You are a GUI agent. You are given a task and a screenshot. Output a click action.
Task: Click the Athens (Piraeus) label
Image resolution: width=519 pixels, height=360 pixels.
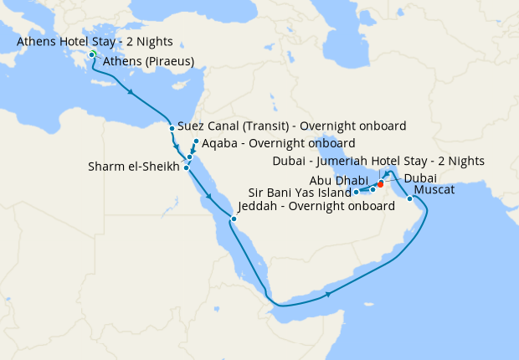(148, 61)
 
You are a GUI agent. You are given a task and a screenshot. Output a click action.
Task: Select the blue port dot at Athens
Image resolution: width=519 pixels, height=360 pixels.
(92, 56)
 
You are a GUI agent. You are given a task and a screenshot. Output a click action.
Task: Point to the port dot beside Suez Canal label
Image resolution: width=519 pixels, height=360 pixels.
(172, 128)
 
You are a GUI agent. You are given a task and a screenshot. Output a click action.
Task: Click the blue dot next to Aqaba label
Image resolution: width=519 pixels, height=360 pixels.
(196, 141)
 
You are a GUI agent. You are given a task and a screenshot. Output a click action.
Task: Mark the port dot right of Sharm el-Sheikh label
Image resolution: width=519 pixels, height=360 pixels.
(186, 167)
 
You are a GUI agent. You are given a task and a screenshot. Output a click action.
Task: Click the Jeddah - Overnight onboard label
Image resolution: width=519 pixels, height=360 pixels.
(316, 206)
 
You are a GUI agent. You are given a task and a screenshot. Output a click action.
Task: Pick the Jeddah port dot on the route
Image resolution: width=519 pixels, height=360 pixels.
(234, 219)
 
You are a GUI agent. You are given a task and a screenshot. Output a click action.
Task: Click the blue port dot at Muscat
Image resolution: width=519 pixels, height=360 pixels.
(409, 199)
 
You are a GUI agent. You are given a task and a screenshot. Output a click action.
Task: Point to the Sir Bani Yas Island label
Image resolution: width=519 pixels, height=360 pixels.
(296, 192)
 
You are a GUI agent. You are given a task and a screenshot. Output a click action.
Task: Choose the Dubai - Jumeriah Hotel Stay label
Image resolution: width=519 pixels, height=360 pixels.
(378, 162)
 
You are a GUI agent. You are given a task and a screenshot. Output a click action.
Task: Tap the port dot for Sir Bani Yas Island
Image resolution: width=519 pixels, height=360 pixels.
(357, 193)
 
